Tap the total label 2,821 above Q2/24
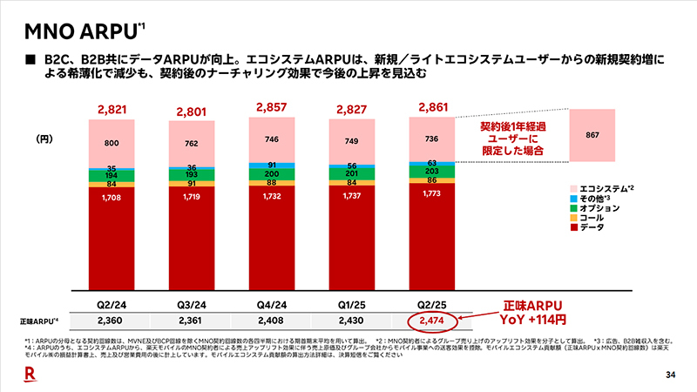[x=112, y=109]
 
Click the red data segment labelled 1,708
[x=112, y=235]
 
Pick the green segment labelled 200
[x=274, y=174]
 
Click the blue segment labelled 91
[x=274, y=164]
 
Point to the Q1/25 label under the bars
[x=353, y=306]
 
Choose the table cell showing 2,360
[x=112, y=321]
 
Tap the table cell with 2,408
[x=274, y=321]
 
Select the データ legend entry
[x=593, y=227]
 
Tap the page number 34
[x=670, y=375]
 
